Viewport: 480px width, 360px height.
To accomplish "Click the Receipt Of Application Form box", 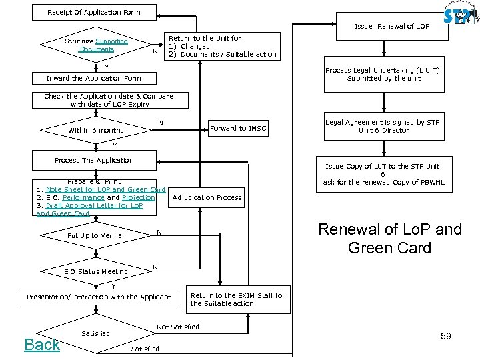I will pos(94,12).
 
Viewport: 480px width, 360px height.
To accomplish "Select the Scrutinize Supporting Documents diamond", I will pos(97,45).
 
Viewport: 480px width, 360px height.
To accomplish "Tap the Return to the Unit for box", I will pos(221,47).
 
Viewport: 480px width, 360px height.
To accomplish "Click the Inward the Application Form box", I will pos(94,78).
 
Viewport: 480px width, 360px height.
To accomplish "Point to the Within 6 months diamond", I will pos(96,130).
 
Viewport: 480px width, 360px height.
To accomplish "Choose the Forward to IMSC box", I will pos(238,129).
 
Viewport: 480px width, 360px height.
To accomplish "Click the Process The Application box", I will pos(94,160).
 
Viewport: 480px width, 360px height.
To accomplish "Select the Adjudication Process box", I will pos(207,197).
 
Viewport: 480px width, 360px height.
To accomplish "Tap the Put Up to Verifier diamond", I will pos(96,235).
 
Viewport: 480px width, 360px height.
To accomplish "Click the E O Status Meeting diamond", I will pos(96,271).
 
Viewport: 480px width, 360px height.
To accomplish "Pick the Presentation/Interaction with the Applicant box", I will pos(99,297).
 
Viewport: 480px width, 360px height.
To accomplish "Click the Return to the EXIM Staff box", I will pos(237,299).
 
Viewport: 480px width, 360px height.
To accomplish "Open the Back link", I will pos(42,344).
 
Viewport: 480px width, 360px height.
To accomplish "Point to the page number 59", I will pos(445,336).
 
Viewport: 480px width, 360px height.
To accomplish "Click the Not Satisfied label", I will pos(177,327).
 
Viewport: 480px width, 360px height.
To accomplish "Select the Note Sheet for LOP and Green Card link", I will pos(105,189).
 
